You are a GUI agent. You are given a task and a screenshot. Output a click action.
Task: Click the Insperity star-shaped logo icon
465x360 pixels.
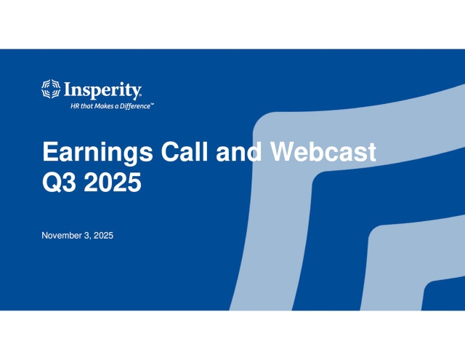(51, 89)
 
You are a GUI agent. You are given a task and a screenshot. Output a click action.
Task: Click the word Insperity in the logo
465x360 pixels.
(102, 89)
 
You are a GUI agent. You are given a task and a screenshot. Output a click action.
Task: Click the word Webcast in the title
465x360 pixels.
(323, 153)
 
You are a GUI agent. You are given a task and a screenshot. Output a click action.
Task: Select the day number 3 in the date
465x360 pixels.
(89, 235)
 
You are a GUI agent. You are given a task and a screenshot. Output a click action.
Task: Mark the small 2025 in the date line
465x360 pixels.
(104, 235)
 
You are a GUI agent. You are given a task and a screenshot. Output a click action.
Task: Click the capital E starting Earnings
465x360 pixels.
(49, 153)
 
